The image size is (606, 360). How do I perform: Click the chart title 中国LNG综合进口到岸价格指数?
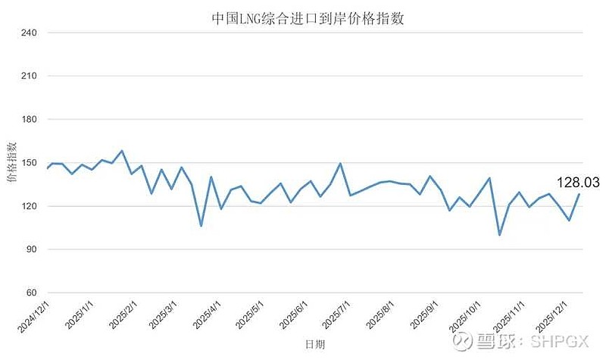click(308, 18)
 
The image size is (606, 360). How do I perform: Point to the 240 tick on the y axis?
click(29, 33)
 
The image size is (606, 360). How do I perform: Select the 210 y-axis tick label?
click(29, 77)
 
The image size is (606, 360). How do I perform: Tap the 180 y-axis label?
click(29, 120)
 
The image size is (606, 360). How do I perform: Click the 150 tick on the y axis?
click(29, 163)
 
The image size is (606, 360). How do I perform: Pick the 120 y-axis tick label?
click(29, 206)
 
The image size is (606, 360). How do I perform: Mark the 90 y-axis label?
click(31, 249)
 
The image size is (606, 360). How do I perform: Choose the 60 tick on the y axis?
click(31, 293)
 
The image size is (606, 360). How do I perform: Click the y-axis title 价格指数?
click(12, 162)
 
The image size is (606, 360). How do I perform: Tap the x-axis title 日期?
click(315, 344)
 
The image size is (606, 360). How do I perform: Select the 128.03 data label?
click(578, 183)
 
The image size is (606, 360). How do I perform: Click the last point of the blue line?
click(579, 194)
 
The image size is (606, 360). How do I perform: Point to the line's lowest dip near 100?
click(500, 234)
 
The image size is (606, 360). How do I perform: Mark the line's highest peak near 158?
click(122, 151)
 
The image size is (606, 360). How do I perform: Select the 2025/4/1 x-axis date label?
click(207, 315)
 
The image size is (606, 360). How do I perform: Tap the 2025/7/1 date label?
click(336, 315)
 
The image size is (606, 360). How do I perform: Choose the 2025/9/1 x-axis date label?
click(424, 315)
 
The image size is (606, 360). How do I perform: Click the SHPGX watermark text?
click(559, 342)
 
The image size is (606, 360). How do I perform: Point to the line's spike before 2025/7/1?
click(340, 164)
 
